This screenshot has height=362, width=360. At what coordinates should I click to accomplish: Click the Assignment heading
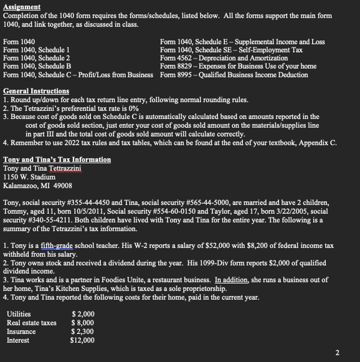click(x=22, y=7)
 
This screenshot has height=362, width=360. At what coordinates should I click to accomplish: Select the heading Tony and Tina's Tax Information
click(x=57, y=160)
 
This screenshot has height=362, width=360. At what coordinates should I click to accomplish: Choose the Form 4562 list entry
click(x=224, y=59)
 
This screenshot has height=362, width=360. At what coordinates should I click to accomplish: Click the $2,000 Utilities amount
click(x=83, y=314)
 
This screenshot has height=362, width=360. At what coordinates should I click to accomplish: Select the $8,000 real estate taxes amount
click(x=83, y=323)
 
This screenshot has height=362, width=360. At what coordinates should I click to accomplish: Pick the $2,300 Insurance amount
click(x=83, y=331)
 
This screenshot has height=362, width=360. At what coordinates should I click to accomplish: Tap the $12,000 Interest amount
click(x=82, y=340)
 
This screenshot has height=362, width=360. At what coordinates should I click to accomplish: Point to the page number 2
click(x=337, y=353)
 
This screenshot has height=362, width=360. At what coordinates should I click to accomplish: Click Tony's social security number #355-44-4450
click(x=107, y=202)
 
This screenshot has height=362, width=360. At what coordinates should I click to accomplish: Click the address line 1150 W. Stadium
click(x=29, y=177)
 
